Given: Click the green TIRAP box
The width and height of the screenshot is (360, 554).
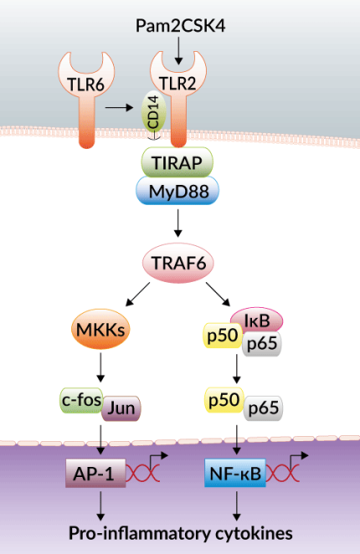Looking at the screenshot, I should coord(177,162).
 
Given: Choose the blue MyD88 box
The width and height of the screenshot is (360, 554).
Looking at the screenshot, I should coord(177,192).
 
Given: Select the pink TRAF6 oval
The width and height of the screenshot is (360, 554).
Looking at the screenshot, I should coord(179,265).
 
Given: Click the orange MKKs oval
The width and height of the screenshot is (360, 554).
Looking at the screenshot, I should coord(100,331).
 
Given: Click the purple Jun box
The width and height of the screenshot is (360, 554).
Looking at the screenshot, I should coord(121,409).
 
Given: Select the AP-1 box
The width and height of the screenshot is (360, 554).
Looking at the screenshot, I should coord(95,474).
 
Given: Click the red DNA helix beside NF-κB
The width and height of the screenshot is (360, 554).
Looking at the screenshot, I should coord(283,476).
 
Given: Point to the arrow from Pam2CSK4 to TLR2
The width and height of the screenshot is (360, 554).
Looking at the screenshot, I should coord(178,53).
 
